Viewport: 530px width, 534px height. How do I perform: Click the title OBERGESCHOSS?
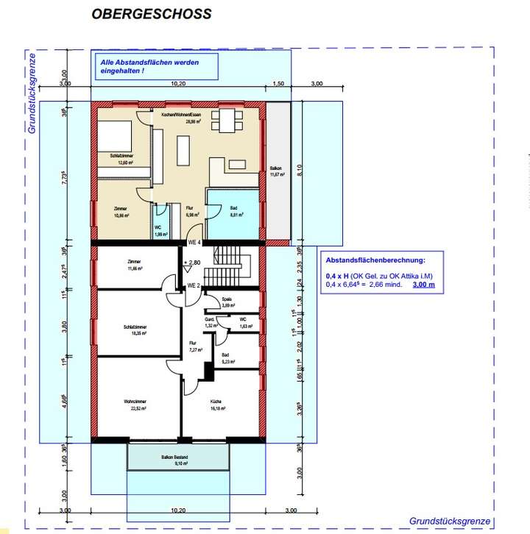(x=151, y=14)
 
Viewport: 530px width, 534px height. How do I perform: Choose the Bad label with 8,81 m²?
(x=233, y=213)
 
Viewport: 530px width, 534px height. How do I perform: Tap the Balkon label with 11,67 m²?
(x=278, y=171)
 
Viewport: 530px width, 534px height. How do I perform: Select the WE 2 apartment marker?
(x=194, y=285)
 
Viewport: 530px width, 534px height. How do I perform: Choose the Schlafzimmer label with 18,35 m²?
(x=133, y=330)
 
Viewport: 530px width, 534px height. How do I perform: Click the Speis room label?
(x=227, y=302)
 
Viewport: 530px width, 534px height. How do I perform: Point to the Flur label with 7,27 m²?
(x=193, y=346)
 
